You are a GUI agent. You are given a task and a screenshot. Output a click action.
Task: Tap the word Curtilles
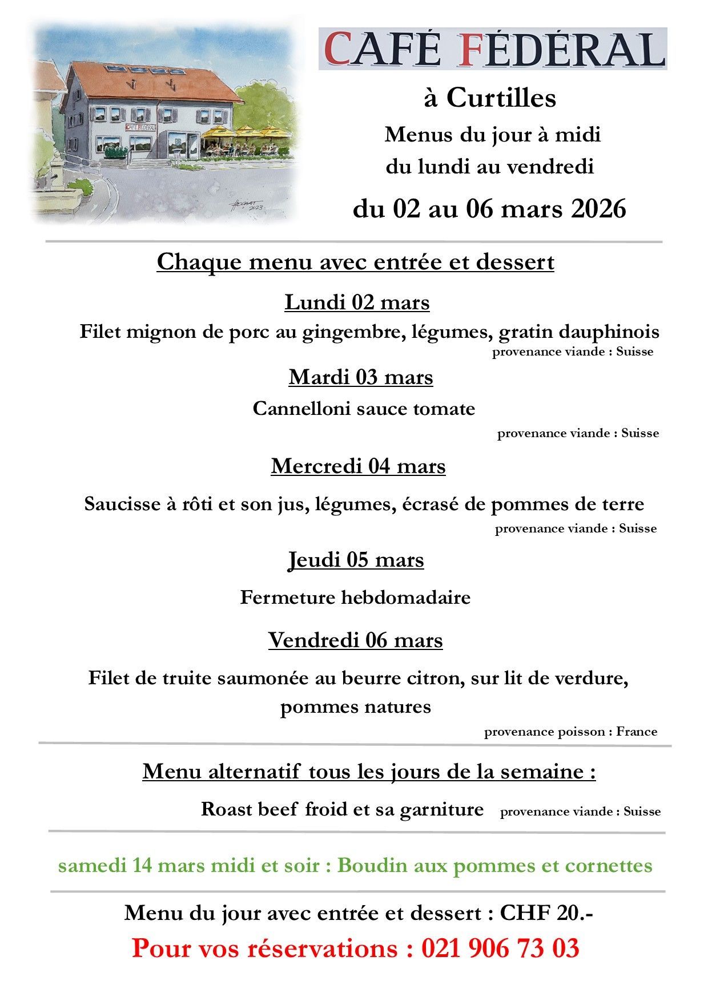click(x=501, y=98)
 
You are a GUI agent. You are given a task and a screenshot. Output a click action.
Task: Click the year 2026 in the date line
click(x=598, y=209)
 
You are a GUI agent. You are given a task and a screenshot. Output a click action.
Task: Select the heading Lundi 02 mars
click(x=357, y=302)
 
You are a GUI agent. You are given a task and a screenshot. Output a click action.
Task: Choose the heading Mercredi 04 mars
click(x=358, y=466)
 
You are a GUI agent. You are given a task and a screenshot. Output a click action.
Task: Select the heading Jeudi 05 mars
click(x=356, y=560)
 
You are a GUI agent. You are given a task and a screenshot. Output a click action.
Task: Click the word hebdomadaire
click(x=406, y=598)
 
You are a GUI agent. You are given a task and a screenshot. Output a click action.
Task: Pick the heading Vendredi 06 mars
click(x=355, y=640)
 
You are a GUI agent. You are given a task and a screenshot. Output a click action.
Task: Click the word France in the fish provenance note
click(x=637, y=732)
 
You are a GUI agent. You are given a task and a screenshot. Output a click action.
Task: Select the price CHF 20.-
click(x=546, y=913)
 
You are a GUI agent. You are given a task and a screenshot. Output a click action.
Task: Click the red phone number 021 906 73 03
click(x=500, y=948)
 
